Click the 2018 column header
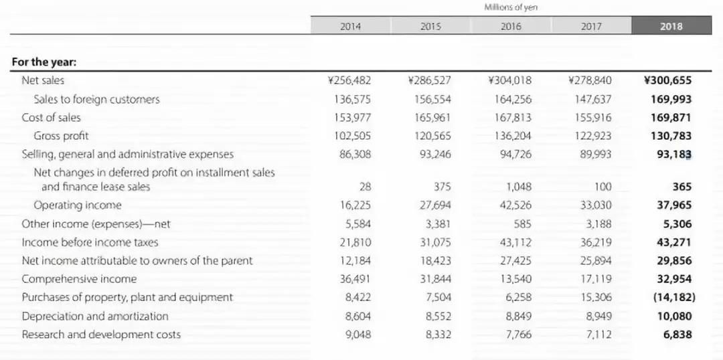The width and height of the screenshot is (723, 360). point(671,26)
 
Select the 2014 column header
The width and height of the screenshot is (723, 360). point(350,26)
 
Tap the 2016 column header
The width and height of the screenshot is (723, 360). point(511,26)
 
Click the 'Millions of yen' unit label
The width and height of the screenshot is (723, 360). point(511,7)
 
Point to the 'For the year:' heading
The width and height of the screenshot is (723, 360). point(44,62)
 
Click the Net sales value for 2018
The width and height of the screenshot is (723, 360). point(667,80)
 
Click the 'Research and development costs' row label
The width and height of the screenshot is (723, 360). point(101,335)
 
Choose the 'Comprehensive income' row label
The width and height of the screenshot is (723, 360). point(79,279)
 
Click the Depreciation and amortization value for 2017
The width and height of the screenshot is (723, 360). point(596,316)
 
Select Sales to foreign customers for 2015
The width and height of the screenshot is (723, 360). point(432,99)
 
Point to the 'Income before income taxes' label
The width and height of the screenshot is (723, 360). point(90,242)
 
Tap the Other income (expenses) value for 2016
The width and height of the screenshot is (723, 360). point(522,224)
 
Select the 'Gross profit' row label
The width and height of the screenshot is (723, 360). point(61,136)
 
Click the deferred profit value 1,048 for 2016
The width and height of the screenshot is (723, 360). point(518,187)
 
